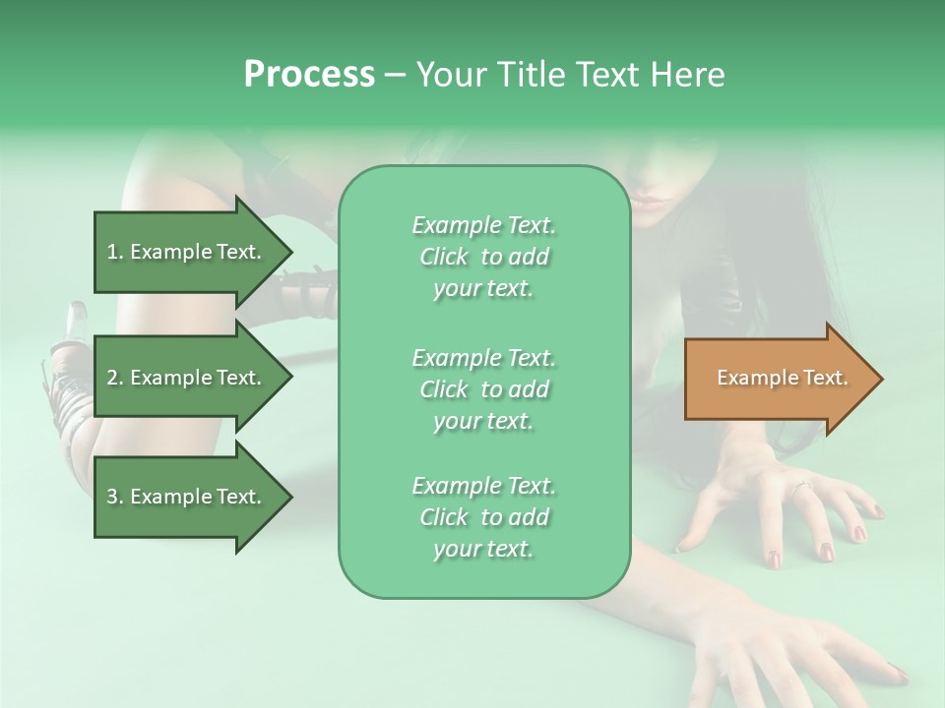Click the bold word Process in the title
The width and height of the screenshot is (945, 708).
point(309,75)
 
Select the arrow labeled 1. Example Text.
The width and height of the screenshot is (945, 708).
point(187,252)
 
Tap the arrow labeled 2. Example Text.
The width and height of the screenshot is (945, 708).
point(187,378)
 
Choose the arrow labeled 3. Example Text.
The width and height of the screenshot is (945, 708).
point(187,497)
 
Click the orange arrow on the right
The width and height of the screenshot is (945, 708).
point(778,379)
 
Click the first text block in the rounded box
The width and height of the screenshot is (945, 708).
point(483,257)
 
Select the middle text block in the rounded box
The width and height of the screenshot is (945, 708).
point(483,389)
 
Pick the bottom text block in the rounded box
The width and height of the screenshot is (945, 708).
point(483,517)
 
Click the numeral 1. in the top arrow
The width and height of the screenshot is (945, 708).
point(115,252)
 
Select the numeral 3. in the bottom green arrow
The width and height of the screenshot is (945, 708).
point(115,497)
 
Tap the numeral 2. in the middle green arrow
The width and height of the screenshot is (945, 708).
point(115,378)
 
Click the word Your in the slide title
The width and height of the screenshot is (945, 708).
point(448,75)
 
